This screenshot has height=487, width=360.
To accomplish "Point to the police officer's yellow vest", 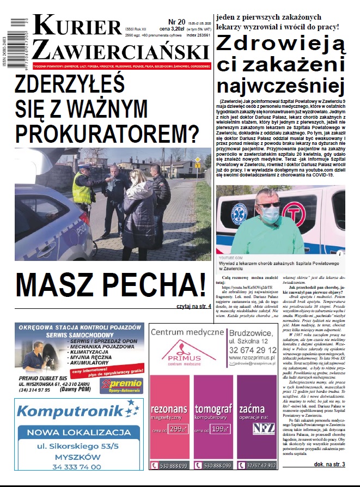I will (x=82, y=188).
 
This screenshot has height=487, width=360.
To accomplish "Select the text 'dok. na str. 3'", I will (x=330, y=464).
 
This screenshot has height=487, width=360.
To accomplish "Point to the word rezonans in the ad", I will (x=169, y=409).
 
